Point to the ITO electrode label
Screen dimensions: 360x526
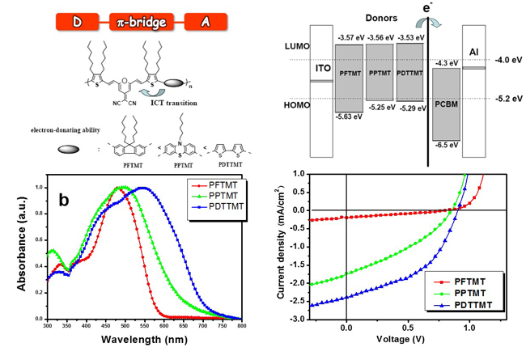point(322,69)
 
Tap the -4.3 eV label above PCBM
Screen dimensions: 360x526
point(446,63)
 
